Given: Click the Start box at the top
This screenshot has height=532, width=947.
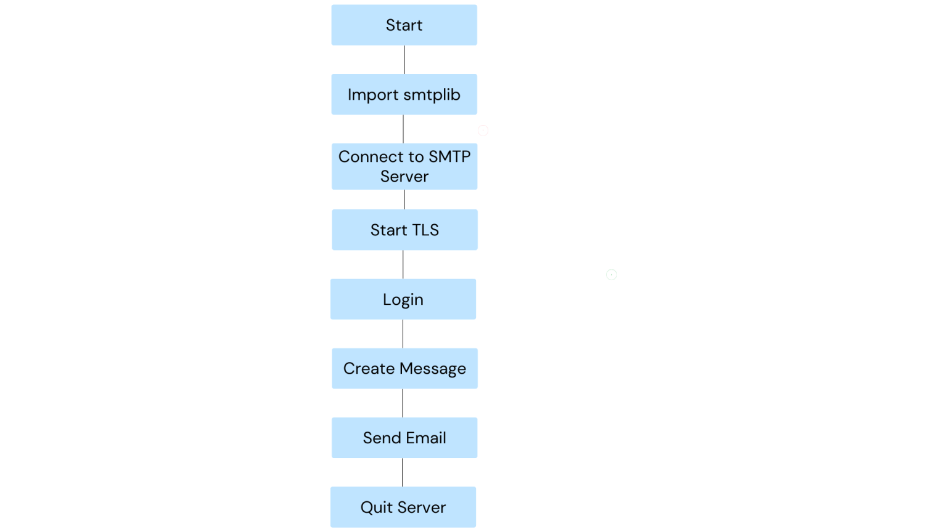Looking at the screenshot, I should [404, 25].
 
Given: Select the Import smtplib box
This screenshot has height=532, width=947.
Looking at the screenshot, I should [404, 94].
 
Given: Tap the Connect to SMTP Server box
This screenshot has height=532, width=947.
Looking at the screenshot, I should [404, 166].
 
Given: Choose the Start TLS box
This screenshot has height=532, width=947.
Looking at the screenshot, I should [404, 230].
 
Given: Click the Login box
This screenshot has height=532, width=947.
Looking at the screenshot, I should [403, 299].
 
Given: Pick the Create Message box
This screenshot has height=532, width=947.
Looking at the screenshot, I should [404, 368].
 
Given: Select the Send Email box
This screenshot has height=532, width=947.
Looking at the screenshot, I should [404, 438].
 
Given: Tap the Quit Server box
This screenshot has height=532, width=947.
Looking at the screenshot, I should [403, 507].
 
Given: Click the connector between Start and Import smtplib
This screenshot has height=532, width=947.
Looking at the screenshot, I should [404, 60].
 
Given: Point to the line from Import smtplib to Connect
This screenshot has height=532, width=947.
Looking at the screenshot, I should [403, 129].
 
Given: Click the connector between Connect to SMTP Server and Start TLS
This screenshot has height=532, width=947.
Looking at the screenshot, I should [404, 199].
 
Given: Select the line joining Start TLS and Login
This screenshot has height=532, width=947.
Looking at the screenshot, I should [403, 264].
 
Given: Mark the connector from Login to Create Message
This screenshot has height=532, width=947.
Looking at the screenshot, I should [403, 334].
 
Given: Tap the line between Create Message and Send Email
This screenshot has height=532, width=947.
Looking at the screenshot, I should [403, 403].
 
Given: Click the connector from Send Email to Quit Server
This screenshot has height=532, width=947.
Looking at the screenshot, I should [402, 472].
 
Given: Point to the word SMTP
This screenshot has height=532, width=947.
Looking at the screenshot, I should [449, 156].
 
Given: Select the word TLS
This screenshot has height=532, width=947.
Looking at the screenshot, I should [425, 230].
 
